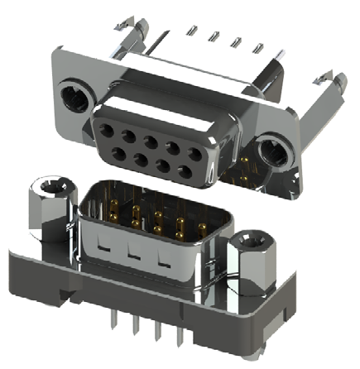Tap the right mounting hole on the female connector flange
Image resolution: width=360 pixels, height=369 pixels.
pos(271,154)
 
